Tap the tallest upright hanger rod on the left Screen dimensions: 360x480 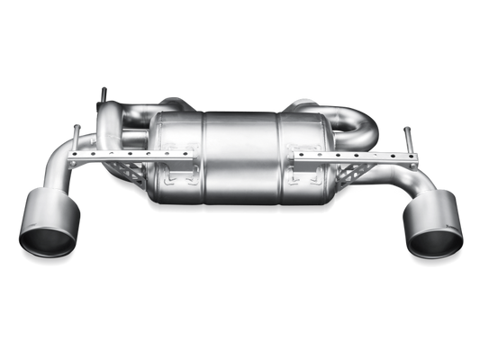click(104, 94)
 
